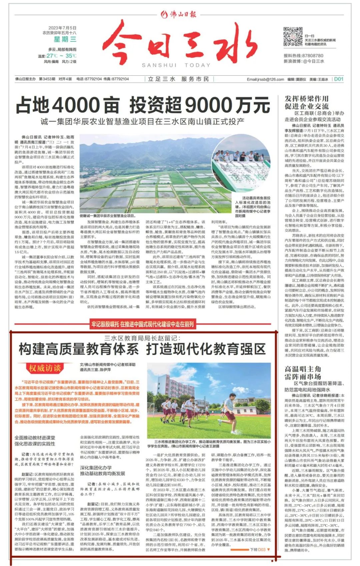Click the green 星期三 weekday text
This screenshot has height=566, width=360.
pyautogui.click(x=65, y=39)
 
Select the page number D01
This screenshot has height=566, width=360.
pyautogui.click(x=338, y=79)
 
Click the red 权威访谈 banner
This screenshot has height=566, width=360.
pyautogui.click(x=45, y=368)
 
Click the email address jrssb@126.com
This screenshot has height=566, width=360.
pyautogui.click(x=265, y=79)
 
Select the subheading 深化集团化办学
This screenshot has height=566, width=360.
pyautogui.click(x=96, y=468)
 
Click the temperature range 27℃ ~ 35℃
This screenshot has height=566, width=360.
pyautogui.click(x=61, y=56)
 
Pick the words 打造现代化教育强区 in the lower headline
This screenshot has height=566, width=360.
pyautogui.click(x=206, y=349)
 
